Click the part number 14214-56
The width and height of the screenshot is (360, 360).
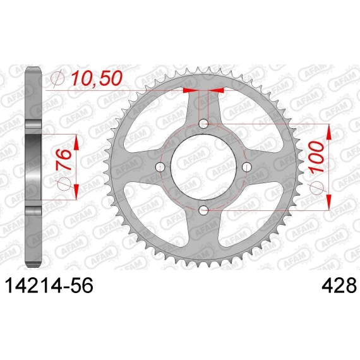(49, 285)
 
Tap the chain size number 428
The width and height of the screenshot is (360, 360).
(339, 285)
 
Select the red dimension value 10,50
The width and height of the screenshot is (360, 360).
(97, 78)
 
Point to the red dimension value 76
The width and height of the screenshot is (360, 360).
(63, 160)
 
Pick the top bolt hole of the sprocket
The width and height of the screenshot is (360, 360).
(203, 124)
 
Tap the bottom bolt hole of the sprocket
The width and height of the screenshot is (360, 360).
(203, 210)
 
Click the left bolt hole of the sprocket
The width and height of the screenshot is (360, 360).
(160, 167)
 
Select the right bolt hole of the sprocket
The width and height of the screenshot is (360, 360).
(247, 167)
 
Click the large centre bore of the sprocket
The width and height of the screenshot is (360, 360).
(203, 167)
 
